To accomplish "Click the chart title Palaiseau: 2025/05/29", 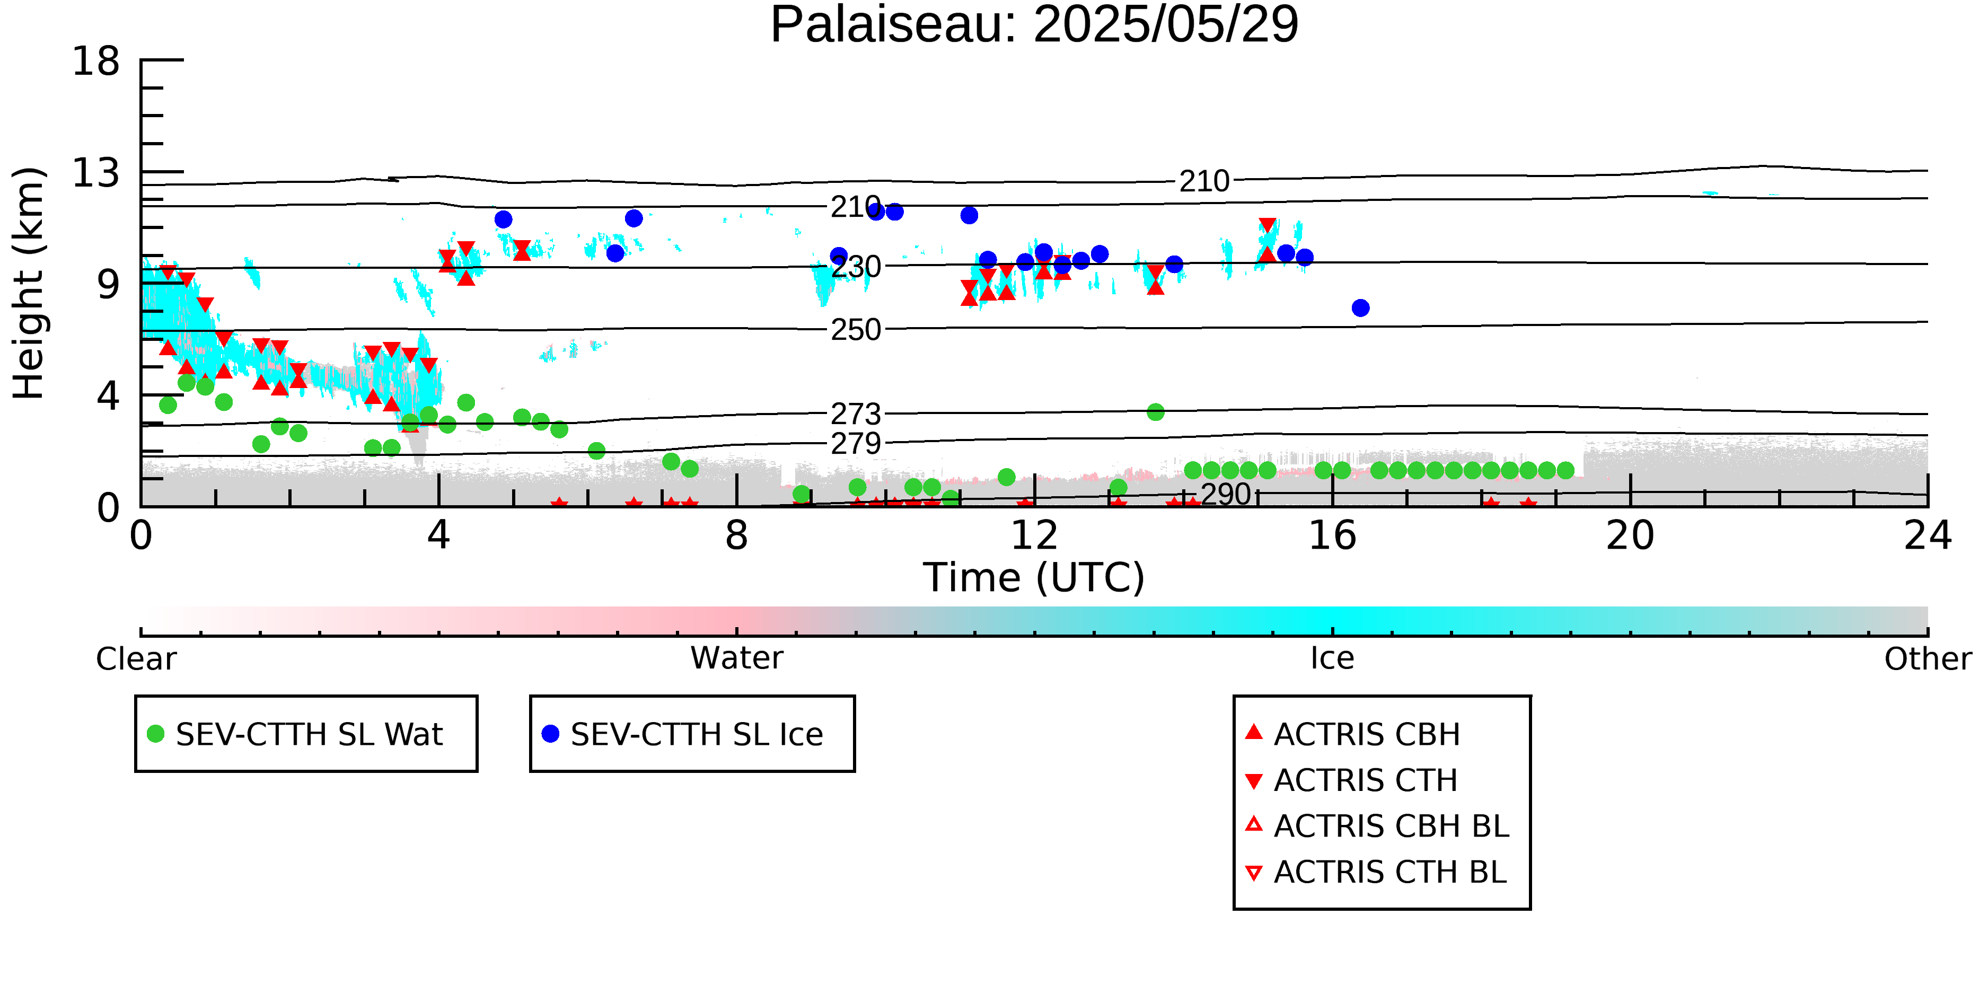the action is (1034, 25).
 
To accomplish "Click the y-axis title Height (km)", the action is (29, 283).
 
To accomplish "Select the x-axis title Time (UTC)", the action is (1034, 578).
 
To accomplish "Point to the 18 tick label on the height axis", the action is (96, 60).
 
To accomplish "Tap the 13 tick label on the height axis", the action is (96, 173).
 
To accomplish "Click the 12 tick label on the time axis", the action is (1034, 535).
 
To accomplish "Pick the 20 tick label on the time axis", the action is (1630, 535).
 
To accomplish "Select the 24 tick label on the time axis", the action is (1928, 535).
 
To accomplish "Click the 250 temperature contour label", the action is (856, 330).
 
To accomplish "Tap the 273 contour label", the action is (856, 415).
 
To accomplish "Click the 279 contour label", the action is (856, 444).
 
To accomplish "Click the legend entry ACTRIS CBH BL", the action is (1378, 826).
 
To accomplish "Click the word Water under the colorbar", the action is (737, 658).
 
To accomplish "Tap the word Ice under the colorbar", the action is (1332, 658).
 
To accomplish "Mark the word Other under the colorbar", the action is (1928, 659).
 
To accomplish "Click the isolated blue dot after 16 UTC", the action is (1360, 308).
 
